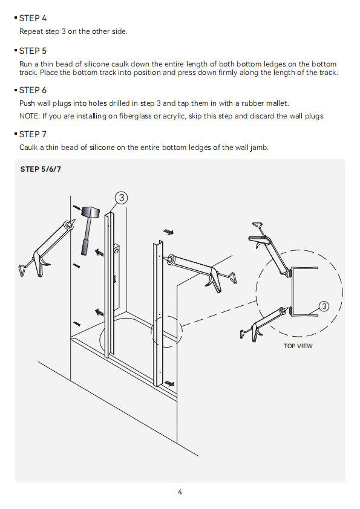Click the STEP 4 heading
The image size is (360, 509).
(x=33, y=19)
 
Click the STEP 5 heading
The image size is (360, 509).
(x=33, y=51)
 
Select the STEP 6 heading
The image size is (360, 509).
(x=33, y=90)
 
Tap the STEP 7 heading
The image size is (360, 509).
(x=33, y=134)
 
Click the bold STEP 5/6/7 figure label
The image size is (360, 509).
(x=41, y=169)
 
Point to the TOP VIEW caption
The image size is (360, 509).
(x=298, y=346)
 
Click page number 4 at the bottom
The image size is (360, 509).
(x=180, y=492)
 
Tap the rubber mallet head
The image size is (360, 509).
(x=90, y=213)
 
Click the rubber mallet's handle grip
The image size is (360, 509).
(x=85, y=248)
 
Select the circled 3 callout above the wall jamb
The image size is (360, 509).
(x=121, y=198)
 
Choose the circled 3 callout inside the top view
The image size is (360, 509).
(x=324, y=306)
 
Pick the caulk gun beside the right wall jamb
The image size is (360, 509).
(x=202, y=273)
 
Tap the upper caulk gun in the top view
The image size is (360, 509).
(x=269, y=248)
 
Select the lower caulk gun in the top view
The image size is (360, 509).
(x=265, y=323)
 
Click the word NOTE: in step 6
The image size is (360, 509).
(x=30, y=116)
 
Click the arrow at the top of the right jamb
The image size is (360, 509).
(x=168, y=232)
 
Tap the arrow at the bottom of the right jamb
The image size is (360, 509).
(x=169, y=383)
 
